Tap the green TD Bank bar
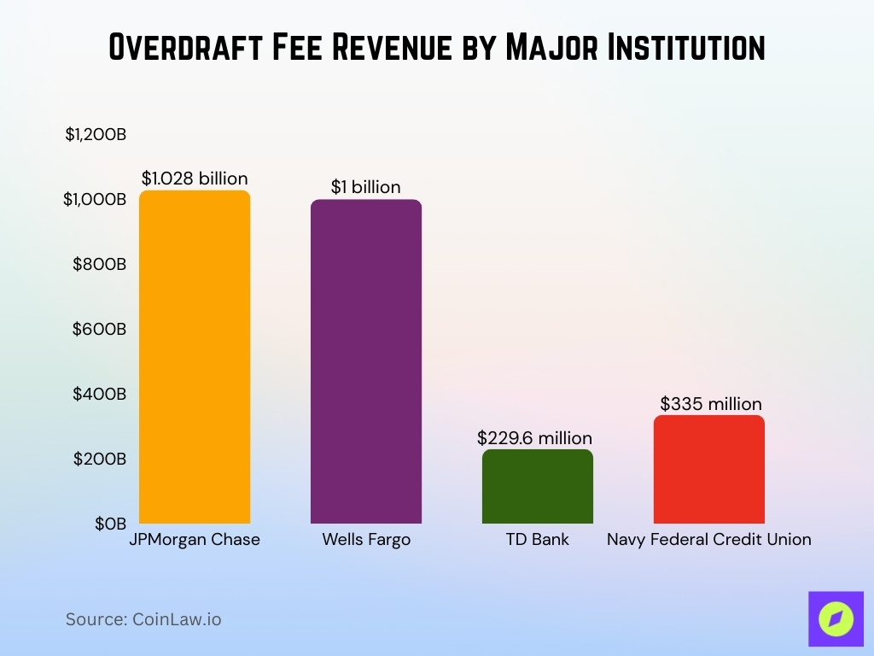coord(537,486)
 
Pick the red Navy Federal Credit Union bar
coord(708,469)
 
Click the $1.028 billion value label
coord(195,179)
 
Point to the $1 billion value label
coord(365,187)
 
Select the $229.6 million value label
coord(534,438)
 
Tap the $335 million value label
coord(710,404)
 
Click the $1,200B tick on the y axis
coord(96,134)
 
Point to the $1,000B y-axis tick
coord(96,199)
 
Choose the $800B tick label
coord(99,264)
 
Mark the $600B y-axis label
coord(99,329)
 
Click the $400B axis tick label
coord(99,394)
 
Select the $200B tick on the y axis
coord(99,459)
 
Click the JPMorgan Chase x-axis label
coord(195,540)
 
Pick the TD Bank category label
coord(537,540)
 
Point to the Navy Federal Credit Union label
coord(708,540)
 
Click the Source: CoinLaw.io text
coord(143,619)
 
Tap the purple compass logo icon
coord(835,618)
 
